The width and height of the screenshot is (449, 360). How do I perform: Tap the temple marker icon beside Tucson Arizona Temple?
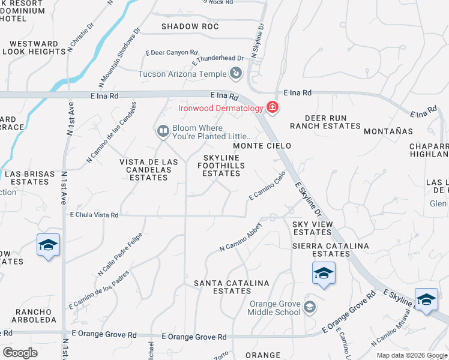pos(236,74)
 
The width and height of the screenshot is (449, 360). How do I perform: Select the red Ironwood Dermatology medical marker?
pos(273,108)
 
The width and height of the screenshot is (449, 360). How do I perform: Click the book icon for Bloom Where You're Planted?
pos(162,131)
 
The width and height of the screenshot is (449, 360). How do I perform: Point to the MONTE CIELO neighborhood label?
pos(262,146)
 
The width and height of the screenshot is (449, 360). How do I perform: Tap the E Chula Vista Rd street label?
pos(95,214)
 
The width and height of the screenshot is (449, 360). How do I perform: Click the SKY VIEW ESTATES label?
pos(312,228)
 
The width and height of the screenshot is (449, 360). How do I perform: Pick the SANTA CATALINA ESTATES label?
pos(231,287)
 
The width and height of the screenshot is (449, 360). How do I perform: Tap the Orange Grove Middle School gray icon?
pos(310,307)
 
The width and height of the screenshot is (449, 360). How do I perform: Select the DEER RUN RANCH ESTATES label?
pos(325,122)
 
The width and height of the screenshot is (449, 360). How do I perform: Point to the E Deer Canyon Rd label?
pos(172,53)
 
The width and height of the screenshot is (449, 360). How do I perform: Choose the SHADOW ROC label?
pos(190,27)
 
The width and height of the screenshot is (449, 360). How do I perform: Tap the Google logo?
pos(20,353)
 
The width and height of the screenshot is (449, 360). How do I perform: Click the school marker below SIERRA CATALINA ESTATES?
pos(323,274)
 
